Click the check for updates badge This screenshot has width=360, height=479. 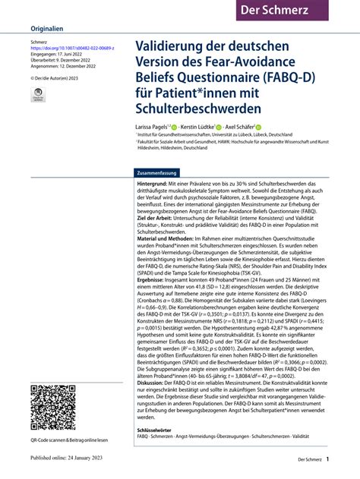[38, 96]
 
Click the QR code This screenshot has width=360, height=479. [55, 410]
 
